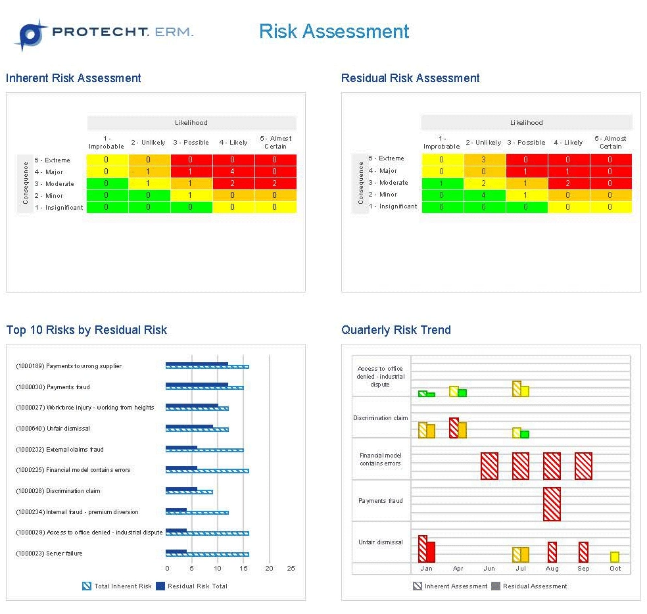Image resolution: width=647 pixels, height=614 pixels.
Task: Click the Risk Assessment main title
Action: point(334,32)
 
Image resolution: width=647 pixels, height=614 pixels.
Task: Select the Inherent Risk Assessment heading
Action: point(74,78)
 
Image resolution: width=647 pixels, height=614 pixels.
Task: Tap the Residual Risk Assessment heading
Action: point(410,78)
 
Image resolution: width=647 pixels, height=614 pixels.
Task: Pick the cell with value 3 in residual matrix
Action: point(484,159)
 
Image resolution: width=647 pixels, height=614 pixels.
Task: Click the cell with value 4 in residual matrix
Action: point(484,195)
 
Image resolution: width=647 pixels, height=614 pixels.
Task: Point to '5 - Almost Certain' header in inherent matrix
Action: point(276,143)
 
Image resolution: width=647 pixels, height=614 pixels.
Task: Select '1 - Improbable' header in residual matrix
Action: point(441,143)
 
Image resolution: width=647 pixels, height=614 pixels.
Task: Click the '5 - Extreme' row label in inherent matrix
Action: point(53,160)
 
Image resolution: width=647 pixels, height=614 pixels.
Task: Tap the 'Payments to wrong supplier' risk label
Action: point(84,366)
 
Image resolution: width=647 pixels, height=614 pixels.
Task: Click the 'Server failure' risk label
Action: point(64,554)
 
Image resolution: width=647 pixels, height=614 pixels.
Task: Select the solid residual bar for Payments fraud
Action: point(197,385)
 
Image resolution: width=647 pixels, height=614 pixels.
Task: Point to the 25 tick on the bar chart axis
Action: point(291,569)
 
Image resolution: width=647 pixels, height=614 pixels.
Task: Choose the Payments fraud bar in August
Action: point(552,504)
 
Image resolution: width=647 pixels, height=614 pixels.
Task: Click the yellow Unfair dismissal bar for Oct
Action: point(615,557)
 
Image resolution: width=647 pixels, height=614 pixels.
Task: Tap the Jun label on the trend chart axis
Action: point(489,569)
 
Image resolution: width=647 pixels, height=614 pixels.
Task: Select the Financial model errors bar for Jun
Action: point(489,466)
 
